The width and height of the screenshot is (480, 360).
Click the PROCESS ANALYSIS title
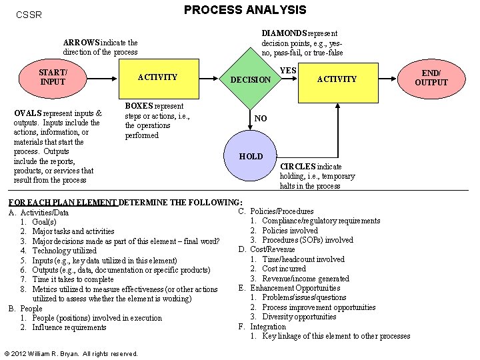(x=245, y=10)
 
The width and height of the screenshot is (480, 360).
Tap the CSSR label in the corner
(x=29, y=13)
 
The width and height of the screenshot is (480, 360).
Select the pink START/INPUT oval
(x=53, y=77)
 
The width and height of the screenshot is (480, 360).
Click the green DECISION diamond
(x=251, y=80)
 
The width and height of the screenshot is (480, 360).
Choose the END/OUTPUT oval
(x=431, y=77)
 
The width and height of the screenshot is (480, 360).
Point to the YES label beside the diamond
(x=288, y=70)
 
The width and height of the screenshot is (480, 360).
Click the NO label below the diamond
(x=261, y=119)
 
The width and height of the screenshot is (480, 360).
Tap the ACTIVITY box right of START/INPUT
(x=157, y=77)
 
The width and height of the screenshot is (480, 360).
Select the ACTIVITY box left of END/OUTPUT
(x=337, y=79)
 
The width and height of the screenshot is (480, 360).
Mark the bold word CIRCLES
(x=297, y=167)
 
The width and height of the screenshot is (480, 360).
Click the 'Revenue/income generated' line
(x=305, y=279)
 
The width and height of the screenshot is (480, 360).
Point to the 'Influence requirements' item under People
(x=69, y=327)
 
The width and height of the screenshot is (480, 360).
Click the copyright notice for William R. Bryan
(x=71, y=353)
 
